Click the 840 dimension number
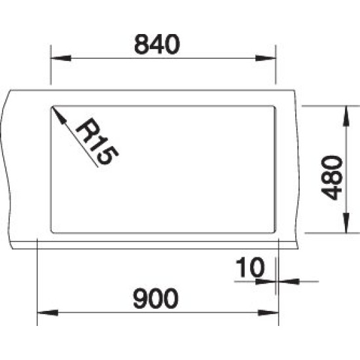[x=156, y=45]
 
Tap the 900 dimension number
[x=156, y=298]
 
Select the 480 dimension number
[x=332, y=177]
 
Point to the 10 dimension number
[x=250, y=267]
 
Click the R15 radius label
[x=97, y=141]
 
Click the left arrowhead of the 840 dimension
[x=61, y=58]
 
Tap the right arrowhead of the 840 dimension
[x=265, y=58]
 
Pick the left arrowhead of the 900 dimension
[x=48, y=313]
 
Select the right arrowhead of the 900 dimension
[x=268, y=313]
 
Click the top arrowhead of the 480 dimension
[x=346, y=116]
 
